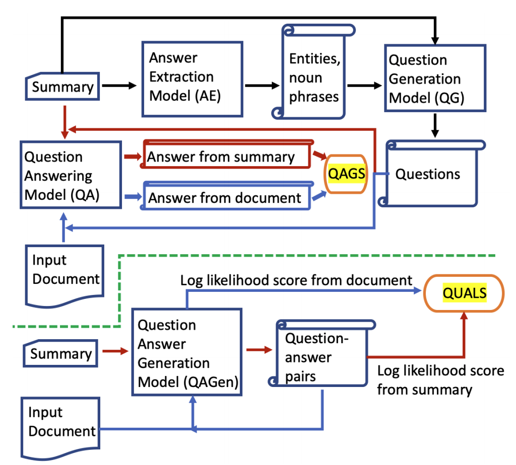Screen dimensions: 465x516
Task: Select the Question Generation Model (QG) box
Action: coord(434,78)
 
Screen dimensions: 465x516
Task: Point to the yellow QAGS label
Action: coord(346,174)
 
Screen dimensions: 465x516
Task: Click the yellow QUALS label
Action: coord(465,293)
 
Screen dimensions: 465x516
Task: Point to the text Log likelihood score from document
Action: coord(296,280)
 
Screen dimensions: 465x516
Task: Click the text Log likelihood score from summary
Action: coord(440,380)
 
